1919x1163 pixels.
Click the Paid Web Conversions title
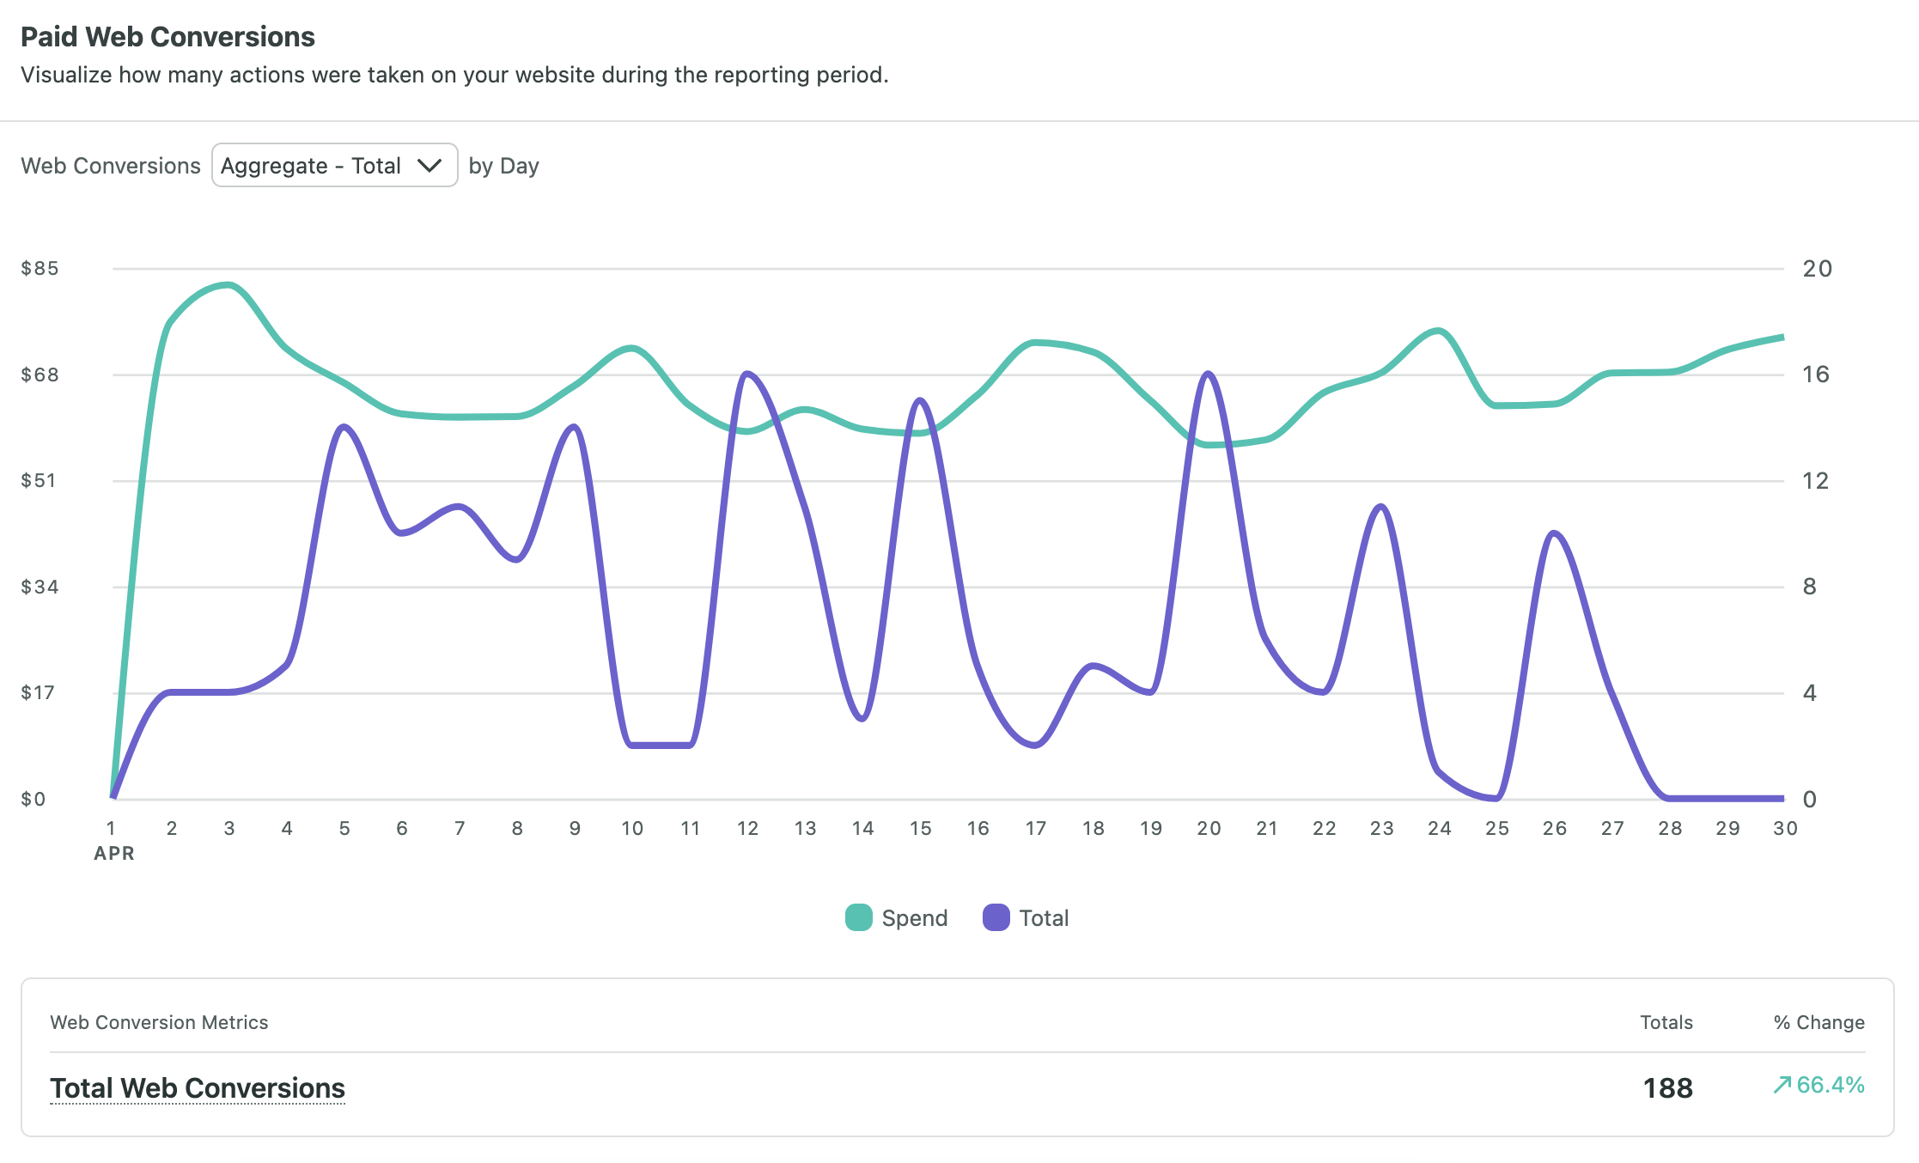168,37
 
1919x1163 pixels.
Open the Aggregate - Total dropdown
333,165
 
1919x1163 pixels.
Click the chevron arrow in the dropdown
429,165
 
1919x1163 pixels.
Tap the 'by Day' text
503,166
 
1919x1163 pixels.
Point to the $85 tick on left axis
40,269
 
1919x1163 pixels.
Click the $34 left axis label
40,588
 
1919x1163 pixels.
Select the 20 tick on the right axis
1817,269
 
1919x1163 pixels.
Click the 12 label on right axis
1815,481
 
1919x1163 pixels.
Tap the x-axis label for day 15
920,829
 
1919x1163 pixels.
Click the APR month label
114,854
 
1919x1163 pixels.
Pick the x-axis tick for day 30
1785,829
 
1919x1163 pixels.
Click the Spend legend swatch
858,918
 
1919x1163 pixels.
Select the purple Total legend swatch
996,918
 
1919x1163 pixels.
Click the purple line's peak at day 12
747,374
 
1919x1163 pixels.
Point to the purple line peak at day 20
1209,374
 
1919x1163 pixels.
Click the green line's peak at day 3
228,285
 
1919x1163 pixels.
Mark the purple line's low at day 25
1496,798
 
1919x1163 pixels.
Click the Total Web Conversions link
198,1088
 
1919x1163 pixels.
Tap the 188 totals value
1667,1088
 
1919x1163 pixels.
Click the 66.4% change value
1830,1085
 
